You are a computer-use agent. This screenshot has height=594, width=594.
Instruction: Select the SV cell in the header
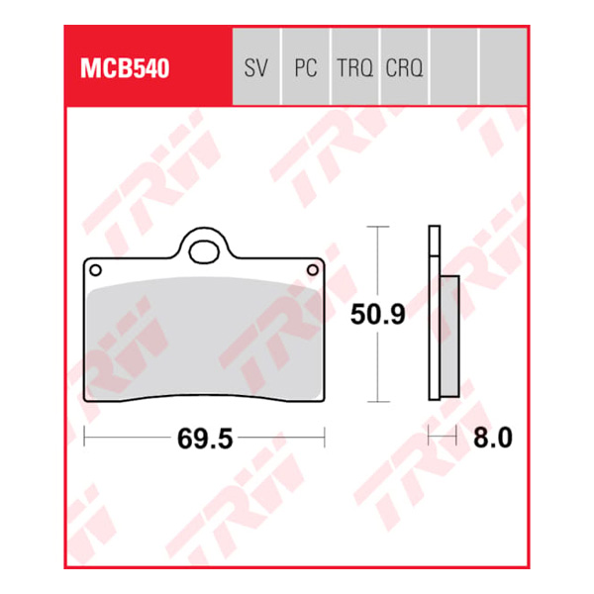point(255,69)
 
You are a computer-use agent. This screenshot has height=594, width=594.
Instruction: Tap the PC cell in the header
point(306,69)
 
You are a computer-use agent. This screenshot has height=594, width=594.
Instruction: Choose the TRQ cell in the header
point(354,69)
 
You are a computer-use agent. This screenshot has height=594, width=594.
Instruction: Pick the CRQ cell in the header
point(404,69)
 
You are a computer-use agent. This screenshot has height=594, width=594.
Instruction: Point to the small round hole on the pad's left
point(95,269)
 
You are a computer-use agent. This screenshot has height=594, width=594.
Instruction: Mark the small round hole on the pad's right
point(315,269)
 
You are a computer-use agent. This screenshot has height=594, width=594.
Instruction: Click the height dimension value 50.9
point(376,317)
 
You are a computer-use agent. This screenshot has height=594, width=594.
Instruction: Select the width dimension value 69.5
point(206,438)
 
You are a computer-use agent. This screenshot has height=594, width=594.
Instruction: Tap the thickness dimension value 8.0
point(491,438)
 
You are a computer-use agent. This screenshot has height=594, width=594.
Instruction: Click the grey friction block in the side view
point(447,337)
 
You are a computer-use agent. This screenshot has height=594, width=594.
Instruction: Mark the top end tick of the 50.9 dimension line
point(374,227)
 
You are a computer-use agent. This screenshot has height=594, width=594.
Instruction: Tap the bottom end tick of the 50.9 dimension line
point(374,402)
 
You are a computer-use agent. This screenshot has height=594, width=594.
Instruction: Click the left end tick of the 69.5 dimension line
point(85,436)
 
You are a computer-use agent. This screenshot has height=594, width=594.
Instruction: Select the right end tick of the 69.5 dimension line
point(326,436)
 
